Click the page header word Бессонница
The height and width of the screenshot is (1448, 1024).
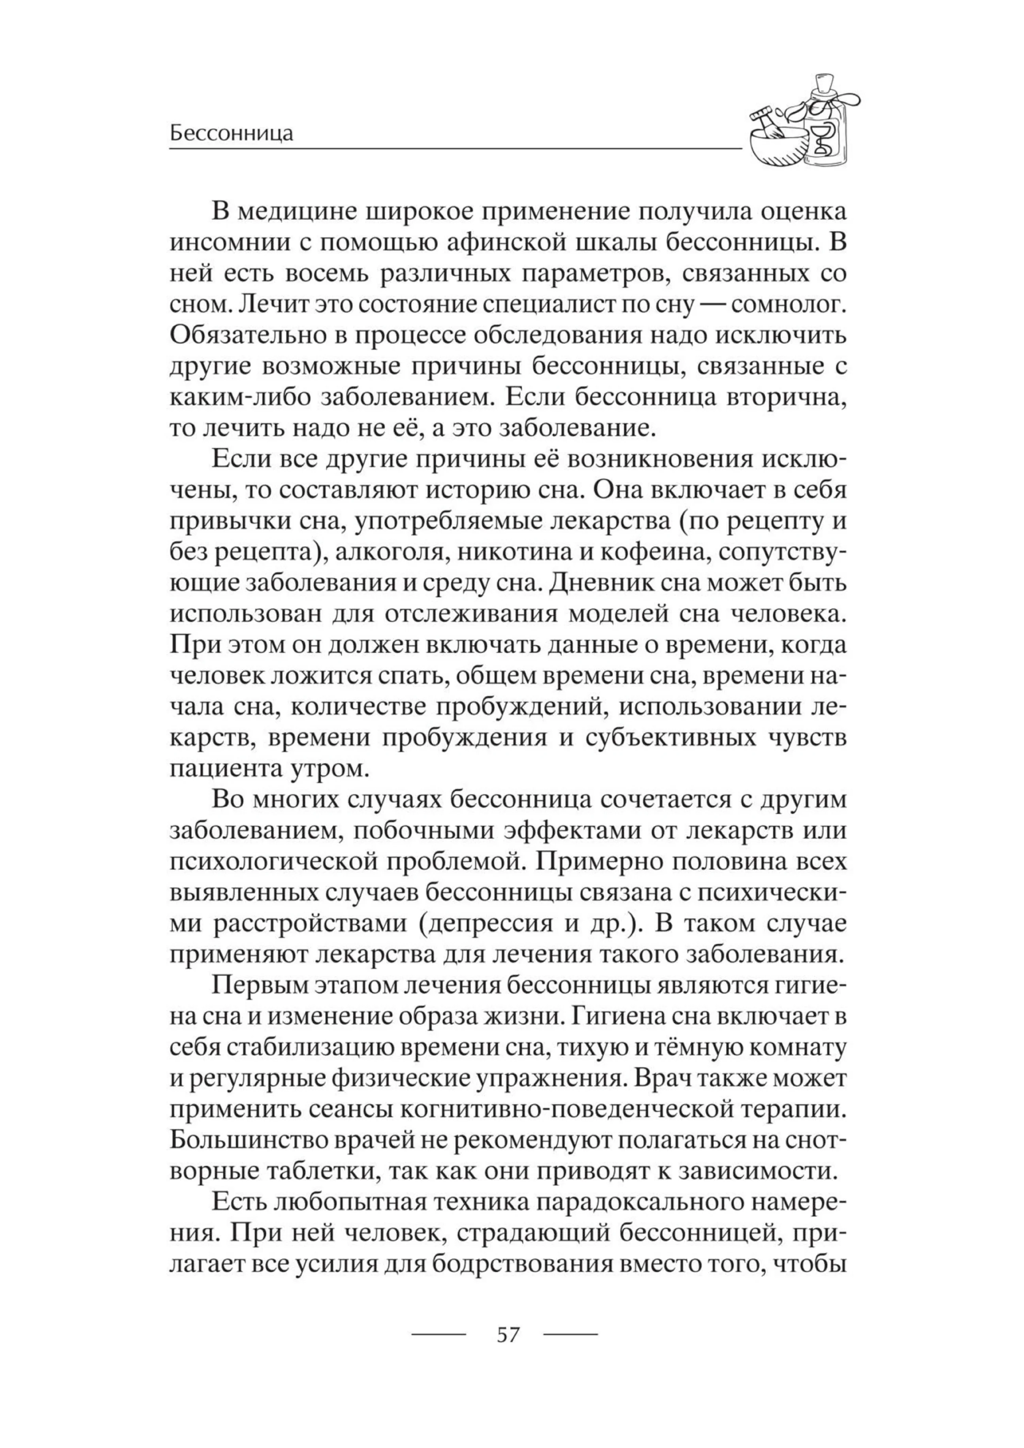pos(232,134)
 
